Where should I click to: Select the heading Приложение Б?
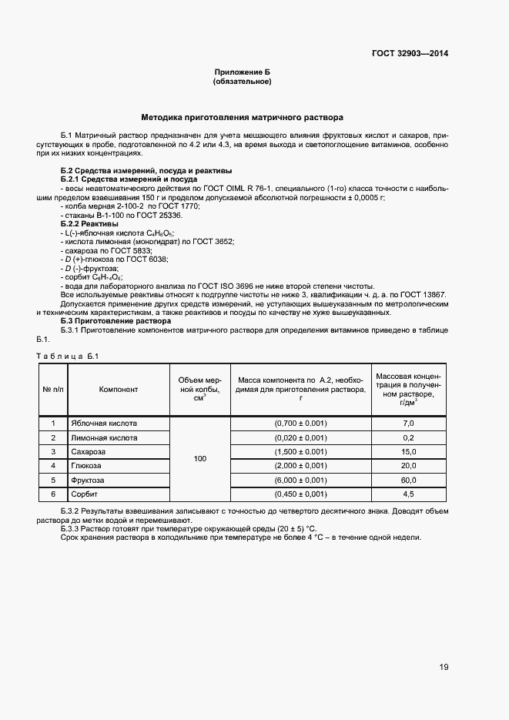[242, 72]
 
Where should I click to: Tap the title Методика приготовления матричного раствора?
[242, 118]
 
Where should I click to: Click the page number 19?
[444, 667]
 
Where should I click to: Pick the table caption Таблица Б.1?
[68, 355]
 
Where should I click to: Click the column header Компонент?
[119, 389]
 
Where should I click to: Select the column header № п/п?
[53, 389]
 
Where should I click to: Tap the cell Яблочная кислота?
[104, 424]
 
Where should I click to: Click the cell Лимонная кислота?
[104, 437]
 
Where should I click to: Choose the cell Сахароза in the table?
[88, 451]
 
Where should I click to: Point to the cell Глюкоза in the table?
[86, 466]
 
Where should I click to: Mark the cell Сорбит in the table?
[84, 494]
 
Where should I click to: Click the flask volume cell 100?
[200, 459]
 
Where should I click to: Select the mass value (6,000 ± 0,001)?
[300, 480]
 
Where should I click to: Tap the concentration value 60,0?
[408, 480]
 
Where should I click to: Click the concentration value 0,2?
[408, 437]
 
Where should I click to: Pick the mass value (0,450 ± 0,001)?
[300, 494]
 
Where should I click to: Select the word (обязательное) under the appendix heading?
[242, 81]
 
